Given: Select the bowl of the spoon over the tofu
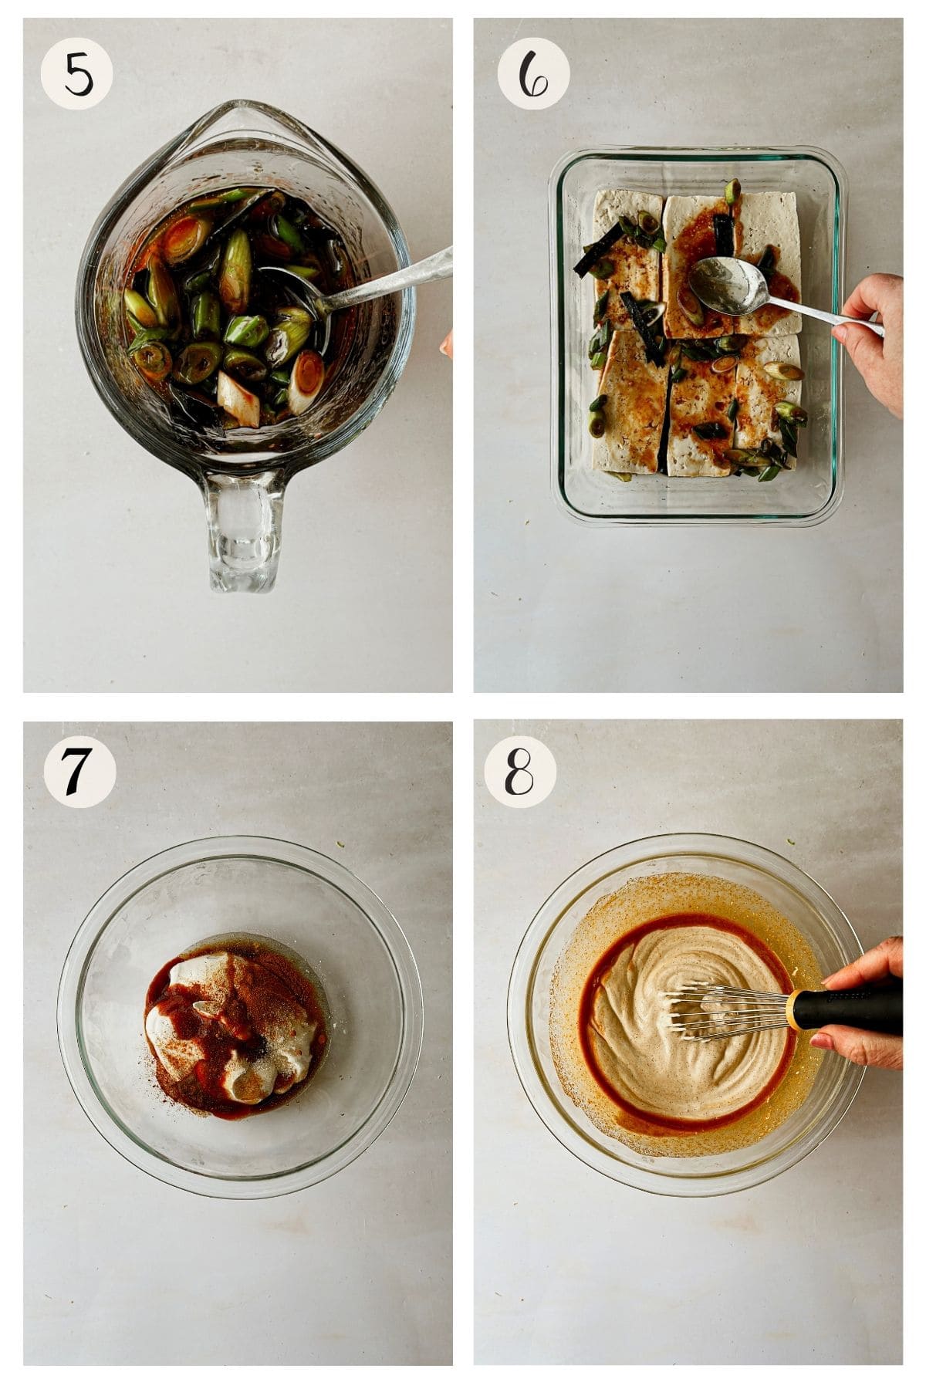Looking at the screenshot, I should coord(716,286).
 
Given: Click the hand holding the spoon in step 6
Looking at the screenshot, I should coord(880,340).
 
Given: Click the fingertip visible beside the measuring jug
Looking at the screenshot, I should coord(447,345).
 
